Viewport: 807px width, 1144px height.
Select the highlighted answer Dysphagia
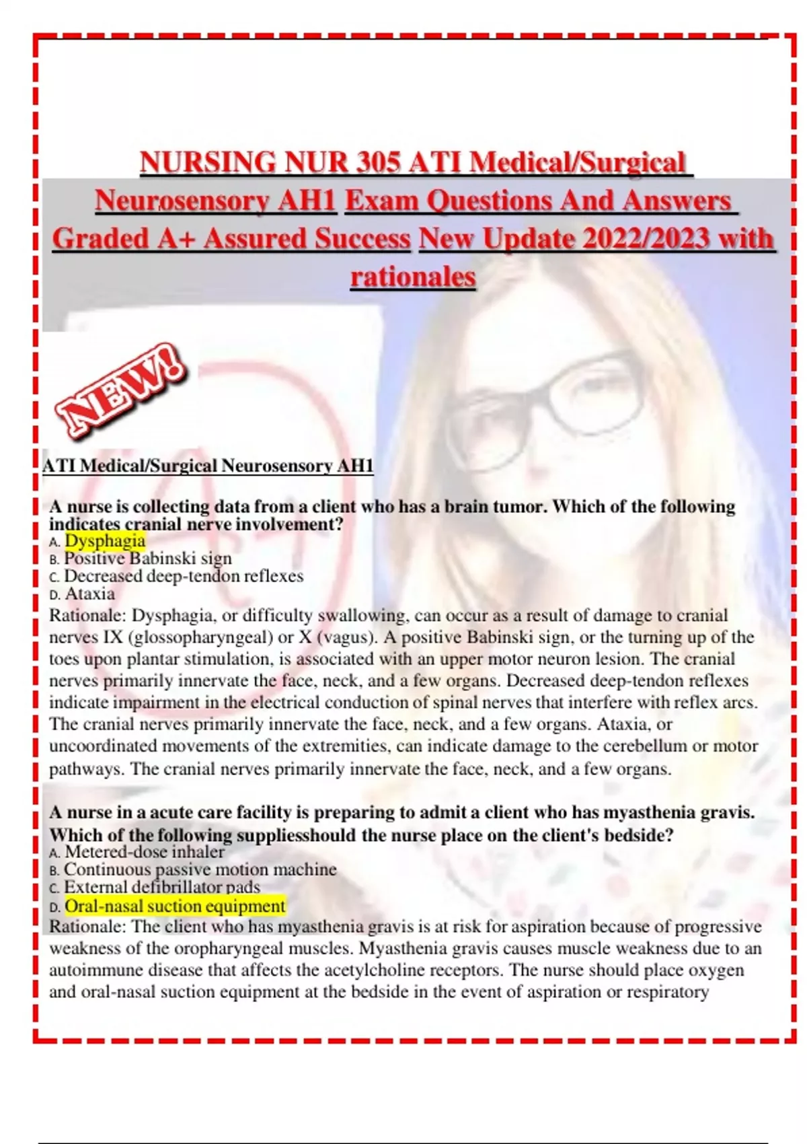(x=105, y=541)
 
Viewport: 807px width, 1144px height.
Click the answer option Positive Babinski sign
(x=148, y=559)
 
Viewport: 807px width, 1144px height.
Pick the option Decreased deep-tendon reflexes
(x=184, y=576)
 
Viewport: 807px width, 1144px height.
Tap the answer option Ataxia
(x=89, y=594)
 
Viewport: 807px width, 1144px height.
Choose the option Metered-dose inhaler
(x=145, y=852)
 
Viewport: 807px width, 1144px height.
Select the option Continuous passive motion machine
(x=200, y=869)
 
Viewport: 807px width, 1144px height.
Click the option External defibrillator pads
(x=162, y=888)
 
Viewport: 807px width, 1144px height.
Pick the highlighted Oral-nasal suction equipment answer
(x=175, y=906)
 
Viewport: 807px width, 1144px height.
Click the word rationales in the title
(x=413, y=277)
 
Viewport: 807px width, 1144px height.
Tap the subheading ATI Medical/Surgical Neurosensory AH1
(x=208, y=466)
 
